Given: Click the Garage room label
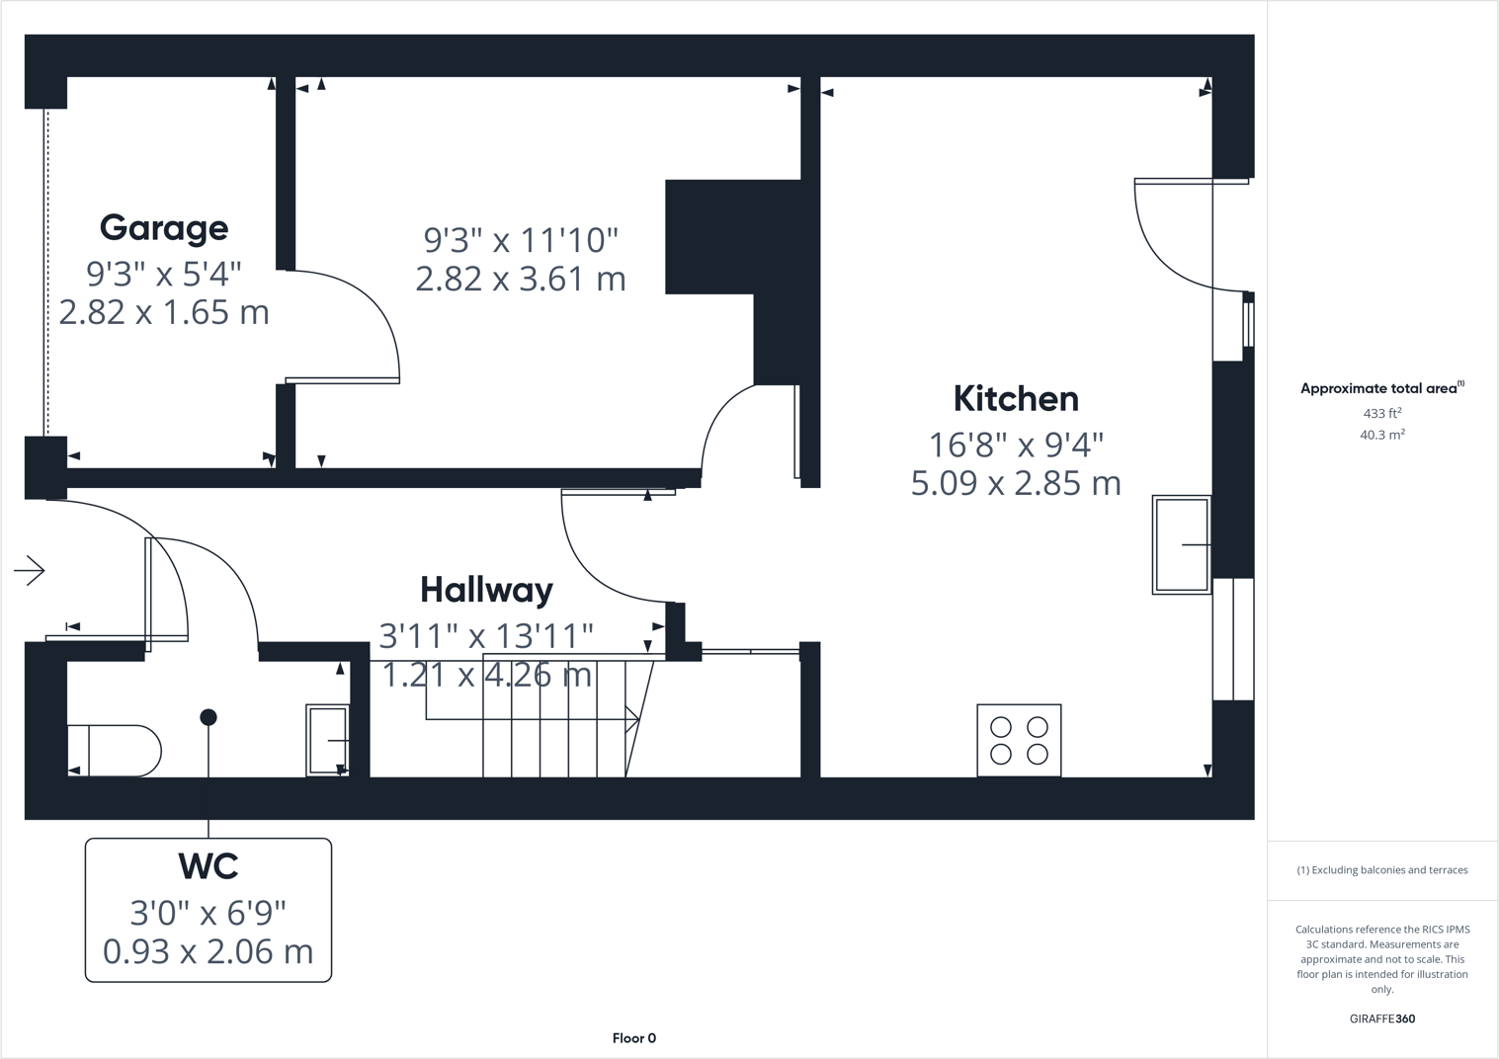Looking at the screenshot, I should point(164,228).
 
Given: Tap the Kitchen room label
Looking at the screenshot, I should point(1016,399).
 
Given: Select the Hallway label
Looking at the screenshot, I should point(486,590).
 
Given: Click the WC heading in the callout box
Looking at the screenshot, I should point(208,866).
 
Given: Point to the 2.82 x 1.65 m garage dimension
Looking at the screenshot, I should point(164,312).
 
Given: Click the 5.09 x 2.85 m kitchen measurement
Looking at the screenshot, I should point(1016,483).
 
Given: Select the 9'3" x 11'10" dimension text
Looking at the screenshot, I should point(521,240).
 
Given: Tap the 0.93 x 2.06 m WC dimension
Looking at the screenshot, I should point(208,951).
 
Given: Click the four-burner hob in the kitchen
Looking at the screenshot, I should point(1019,740).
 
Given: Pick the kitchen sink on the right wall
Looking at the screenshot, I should point(1182,544).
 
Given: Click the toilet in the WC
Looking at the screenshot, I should point(114,751).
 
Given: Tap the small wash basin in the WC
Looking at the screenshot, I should point(328,740).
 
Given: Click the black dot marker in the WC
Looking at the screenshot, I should point(208,717).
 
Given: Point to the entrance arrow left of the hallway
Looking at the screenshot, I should point(30,570).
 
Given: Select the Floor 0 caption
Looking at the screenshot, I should point(633,1038).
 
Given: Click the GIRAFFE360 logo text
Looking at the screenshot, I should point(1381,1018).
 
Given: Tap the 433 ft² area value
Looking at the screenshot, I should point(1381,414).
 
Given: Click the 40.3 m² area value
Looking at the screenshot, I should point(1381,435).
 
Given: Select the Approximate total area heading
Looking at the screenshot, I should point(1379,388).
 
